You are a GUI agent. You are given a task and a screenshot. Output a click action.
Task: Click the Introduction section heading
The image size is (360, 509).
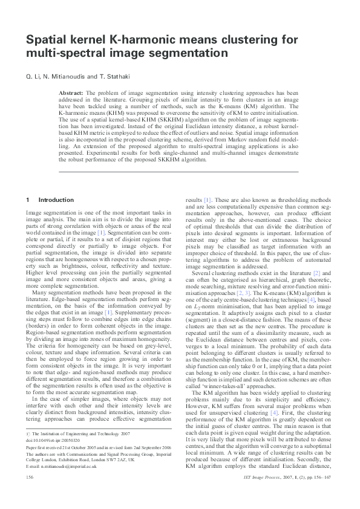[x=57, y=199]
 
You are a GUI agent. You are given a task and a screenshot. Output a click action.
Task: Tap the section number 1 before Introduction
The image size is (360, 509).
[x=28, y=199]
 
